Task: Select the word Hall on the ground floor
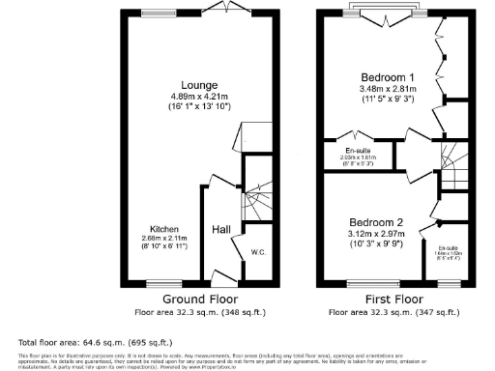(220, 229)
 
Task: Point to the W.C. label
(258, 253)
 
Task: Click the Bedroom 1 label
(388, 76)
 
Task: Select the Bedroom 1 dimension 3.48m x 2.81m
(388, 88)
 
